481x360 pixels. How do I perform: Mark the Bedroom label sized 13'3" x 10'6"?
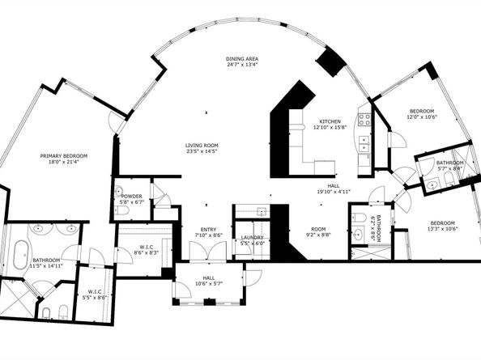pyautogui.click(x=442, y=226)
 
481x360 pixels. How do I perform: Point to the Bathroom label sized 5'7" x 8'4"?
pyautogui.click(x=449, y=165)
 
